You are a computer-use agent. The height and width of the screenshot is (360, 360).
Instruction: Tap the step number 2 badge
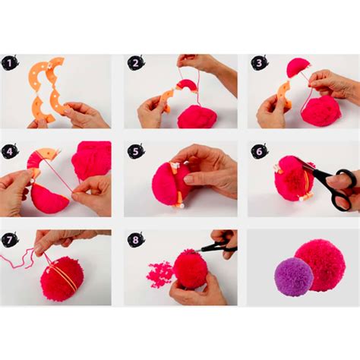coord(136,64)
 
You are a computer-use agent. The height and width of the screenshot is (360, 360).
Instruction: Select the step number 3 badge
coord(259,64)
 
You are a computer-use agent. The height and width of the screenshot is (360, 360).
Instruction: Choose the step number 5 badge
coord(136,151)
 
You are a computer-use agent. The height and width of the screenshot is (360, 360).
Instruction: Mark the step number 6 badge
coord(259,151)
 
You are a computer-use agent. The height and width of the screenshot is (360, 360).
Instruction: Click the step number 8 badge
coord(136,240)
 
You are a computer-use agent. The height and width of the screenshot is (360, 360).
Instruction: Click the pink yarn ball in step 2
coord(197,117)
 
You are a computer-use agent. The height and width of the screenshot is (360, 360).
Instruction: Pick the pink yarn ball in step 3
coord(321,111)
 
